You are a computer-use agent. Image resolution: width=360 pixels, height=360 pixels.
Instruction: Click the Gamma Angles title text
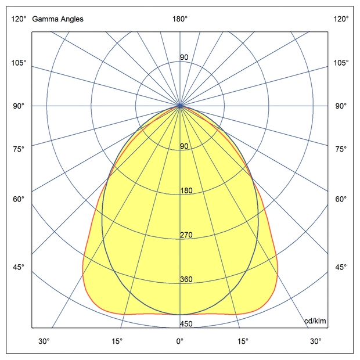click(x=57, y=19)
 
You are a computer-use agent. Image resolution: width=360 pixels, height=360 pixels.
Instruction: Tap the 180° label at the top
click(x=180, y=19)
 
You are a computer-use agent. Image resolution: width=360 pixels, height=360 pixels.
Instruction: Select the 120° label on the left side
click(x=19, y=19)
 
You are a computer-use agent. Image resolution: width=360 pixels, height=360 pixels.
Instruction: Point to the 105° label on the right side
click(x=341, y=63)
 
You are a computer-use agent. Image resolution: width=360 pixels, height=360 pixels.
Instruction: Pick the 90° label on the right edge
click(x=341, y=106)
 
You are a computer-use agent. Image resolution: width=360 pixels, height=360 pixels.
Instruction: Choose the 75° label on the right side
click(x=341, y=149)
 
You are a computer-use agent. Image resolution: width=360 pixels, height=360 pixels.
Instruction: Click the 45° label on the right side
click(x=341, y=267)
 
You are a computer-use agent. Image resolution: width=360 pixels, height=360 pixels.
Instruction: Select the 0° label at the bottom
click(x=180, y=341)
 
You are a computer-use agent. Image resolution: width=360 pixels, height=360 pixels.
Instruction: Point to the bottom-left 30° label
click(x=44, y=341)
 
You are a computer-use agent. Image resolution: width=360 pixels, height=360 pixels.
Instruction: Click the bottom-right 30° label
click(x=315, y=341)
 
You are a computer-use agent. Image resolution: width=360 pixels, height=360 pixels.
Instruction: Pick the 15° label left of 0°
click(x=117, y=341)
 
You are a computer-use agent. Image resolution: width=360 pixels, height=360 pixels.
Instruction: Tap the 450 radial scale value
click(x=186, y=324)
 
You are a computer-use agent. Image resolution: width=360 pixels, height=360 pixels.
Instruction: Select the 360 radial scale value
click(x=186, y=279)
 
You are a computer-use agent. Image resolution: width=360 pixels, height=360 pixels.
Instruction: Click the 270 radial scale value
click(x=186, y=235)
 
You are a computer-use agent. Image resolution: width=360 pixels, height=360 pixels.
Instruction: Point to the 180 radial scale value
click(x=186, y=190)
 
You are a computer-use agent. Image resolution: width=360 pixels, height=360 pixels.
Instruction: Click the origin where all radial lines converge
click(x=180, y=106)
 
